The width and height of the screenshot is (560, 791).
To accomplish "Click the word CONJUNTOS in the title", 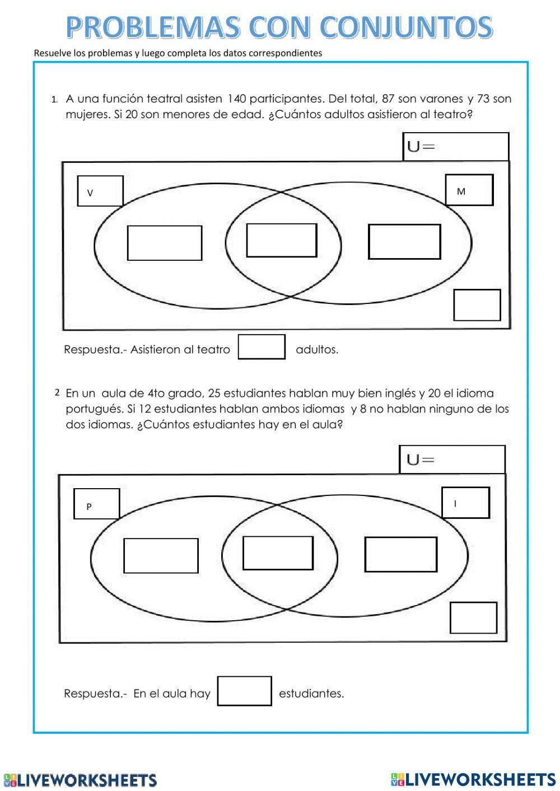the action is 406,27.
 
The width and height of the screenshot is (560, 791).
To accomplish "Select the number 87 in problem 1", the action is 388,99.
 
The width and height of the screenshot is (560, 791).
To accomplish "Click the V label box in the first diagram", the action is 100,191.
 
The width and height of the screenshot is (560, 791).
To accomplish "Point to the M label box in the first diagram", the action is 469,190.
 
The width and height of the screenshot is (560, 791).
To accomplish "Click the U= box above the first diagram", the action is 456,147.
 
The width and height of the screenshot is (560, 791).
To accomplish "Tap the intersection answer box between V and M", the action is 282,240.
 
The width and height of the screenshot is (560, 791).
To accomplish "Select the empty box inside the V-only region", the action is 165,243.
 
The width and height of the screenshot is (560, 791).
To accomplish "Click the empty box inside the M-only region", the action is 404,241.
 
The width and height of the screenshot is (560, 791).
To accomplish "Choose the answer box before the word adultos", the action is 262,347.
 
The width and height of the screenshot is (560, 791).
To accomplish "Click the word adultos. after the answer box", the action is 317,349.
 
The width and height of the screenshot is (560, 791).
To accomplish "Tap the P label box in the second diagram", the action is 97,504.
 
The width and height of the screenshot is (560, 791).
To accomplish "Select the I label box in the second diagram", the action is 466,503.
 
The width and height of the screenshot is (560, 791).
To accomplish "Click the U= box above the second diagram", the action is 452,460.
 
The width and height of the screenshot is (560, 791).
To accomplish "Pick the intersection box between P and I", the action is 278,553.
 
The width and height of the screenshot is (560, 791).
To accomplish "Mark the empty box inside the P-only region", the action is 161,555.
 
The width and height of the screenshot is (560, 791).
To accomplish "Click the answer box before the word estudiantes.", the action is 245,691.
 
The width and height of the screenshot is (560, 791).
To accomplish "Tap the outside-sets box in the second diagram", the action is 473,618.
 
